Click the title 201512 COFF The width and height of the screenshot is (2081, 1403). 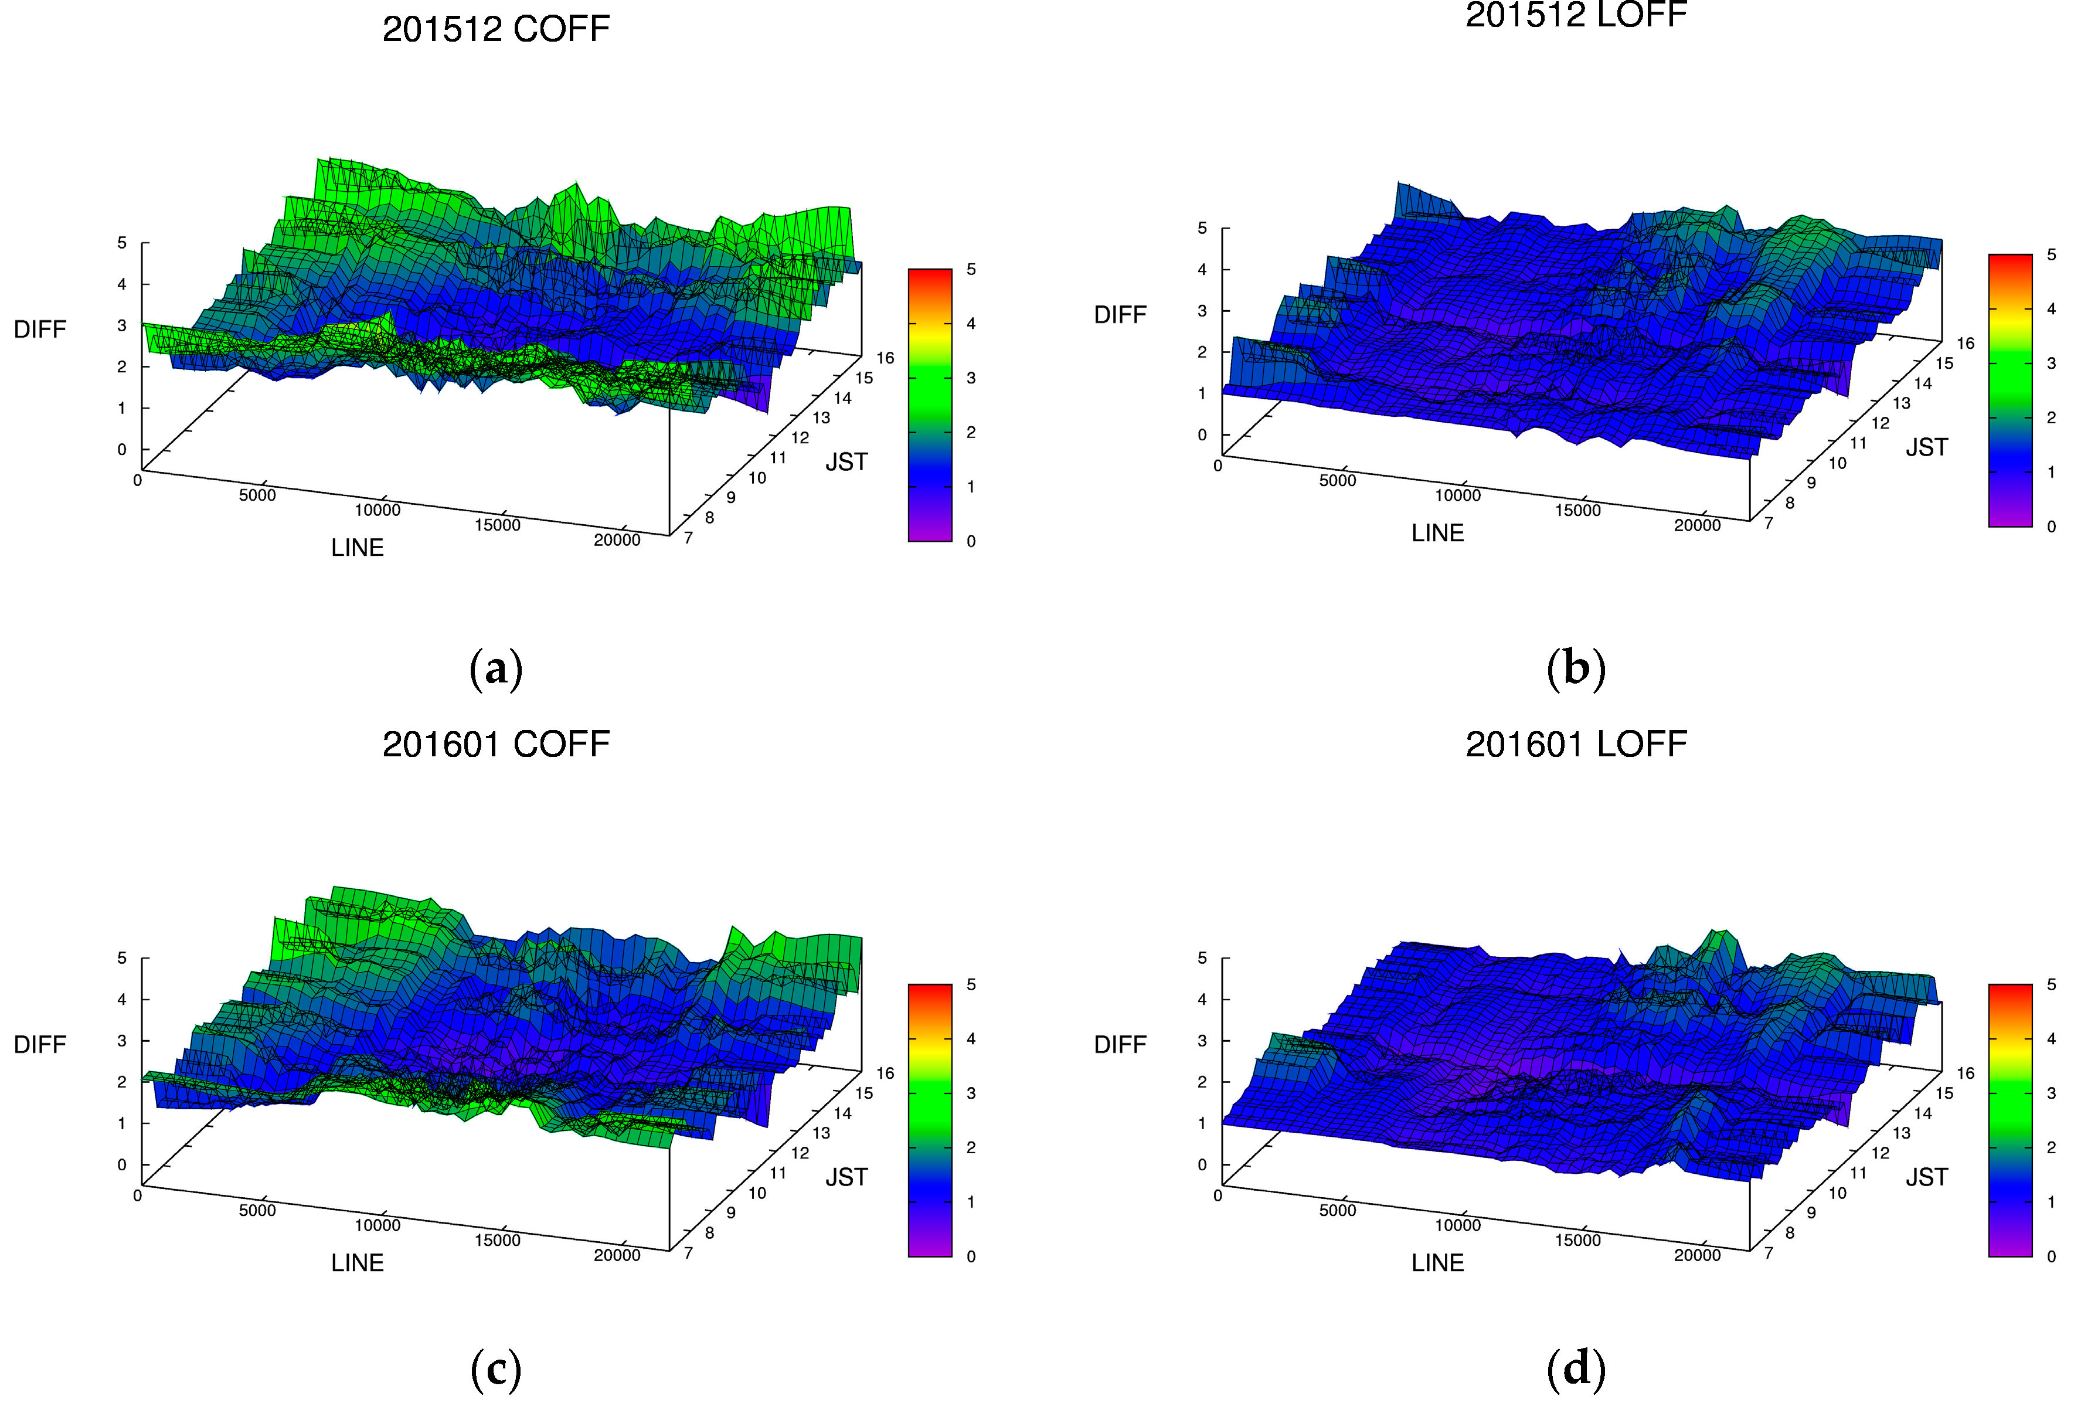pyautogui.click(x=496, y=29)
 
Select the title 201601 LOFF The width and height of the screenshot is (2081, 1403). pyautogui.click(x=1576, y=743)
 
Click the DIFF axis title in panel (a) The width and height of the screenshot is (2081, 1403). pyautogui.click(x=40, y=329)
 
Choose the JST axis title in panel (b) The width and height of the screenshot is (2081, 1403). pyautogui.click(x=1926, y=447)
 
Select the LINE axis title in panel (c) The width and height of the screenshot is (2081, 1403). pyautogui.click(x=357, y=1262)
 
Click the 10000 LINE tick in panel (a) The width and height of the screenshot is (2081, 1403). pyautogui.click(x=377, y=510)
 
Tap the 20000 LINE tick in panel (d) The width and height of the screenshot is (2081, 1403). pyautogui.click(x=1697, y=1255)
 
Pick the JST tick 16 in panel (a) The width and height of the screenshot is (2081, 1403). pyautogui.click(x=885, y=358)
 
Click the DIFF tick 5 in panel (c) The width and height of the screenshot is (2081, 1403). pyautogui.click(x=122, y=957)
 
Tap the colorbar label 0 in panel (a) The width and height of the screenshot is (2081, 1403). pyautogui.click(x=971, y=541)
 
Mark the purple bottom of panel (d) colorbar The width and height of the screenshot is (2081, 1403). pyautogui.click(x=2009, y=1250)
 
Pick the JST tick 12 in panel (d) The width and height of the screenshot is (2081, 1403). pyautogui.click(x=1881, y=1153)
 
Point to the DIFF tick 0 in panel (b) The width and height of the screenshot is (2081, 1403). pyautogui.click(x=1202, y=434)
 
